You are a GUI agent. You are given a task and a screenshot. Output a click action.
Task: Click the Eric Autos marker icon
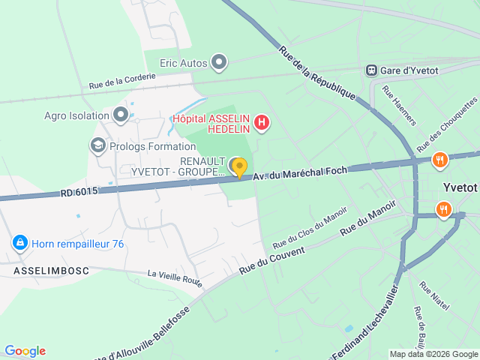[218, 62]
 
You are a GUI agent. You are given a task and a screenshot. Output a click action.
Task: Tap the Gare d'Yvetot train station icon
[371, 70]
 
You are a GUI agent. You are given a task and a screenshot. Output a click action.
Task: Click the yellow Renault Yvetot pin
[239, 167]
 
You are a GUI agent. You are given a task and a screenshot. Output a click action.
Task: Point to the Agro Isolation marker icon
[121, 115]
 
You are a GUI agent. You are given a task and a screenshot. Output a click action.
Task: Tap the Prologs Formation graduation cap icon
[97, 145]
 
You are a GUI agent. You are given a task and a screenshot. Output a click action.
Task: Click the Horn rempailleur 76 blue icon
[19, 243]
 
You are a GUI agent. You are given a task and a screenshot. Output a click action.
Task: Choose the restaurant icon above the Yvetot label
[440, 159]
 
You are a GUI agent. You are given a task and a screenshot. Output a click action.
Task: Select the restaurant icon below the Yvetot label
[444, 209]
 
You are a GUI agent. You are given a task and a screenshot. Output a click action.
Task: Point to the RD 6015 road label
[79, 192]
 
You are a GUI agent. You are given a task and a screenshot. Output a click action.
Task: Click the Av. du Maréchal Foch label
[300, 173]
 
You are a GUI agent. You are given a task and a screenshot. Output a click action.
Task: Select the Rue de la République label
[316, 73]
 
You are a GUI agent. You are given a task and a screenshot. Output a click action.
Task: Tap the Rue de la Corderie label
[122, 80]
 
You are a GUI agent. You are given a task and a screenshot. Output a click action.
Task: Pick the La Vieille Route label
[175, 278]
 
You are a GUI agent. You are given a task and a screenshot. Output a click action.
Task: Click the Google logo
[25, 351]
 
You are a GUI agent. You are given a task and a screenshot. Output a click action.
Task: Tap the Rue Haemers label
[398, 105]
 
